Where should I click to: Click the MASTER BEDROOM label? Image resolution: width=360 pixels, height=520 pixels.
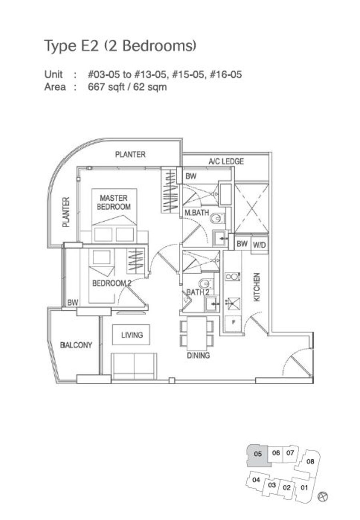tap(114, 202)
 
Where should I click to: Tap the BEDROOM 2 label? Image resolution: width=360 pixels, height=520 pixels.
tap(112, 283)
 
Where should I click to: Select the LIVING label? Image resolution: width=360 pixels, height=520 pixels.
tap(132, 335)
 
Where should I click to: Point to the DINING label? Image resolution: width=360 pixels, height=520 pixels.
tap(198, 355)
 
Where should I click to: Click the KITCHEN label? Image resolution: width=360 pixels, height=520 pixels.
tap(256, 287)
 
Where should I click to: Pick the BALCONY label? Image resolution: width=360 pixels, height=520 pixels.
tap(76, 345)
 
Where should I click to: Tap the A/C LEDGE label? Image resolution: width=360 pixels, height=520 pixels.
tap(226, 162)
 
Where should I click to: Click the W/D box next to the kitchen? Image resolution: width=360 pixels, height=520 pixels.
tap(259, 245)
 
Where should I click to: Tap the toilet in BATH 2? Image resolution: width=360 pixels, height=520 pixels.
tap(206, 283)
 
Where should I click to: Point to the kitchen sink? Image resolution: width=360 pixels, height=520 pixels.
tap(233, 304)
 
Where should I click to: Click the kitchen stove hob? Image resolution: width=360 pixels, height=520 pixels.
tap(232, 277)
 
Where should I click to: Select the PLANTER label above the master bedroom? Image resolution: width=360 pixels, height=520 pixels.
tap(130, 154)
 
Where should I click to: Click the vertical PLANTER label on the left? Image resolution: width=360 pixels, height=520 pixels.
tap(66, 212)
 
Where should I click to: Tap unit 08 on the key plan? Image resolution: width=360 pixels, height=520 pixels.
tap(310, 461)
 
